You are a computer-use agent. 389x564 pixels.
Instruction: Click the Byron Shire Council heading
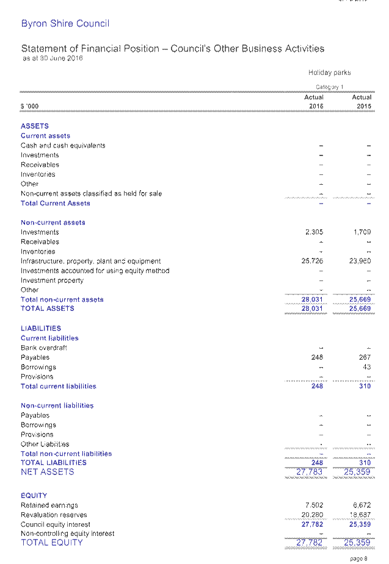65,24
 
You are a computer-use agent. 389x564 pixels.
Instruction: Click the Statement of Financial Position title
173,49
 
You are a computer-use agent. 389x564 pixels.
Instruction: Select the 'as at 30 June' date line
52,59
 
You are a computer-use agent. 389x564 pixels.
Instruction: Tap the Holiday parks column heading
329,73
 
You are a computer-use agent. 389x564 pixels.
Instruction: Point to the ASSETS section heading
35,126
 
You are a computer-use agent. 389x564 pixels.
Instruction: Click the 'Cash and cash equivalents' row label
63,146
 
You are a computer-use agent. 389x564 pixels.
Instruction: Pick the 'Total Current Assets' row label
56,203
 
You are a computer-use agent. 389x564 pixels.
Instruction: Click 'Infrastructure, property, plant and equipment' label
90,261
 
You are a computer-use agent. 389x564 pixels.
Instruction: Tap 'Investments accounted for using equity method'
95,271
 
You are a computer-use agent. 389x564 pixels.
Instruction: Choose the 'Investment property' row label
52,280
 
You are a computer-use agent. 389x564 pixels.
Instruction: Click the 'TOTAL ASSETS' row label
48,309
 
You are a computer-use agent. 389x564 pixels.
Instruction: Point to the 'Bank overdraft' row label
44,348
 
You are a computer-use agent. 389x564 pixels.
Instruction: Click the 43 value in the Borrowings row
366,367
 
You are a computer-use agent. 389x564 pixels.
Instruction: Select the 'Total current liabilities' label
59,386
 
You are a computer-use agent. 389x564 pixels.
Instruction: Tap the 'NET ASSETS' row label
48,472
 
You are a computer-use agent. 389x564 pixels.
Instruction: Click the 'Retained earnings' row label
49,505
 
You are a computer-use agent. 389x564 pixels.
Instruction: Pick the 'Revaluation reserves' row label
54,515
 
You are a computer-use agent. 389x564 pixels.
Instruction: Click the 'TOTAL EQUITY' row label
52,543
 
